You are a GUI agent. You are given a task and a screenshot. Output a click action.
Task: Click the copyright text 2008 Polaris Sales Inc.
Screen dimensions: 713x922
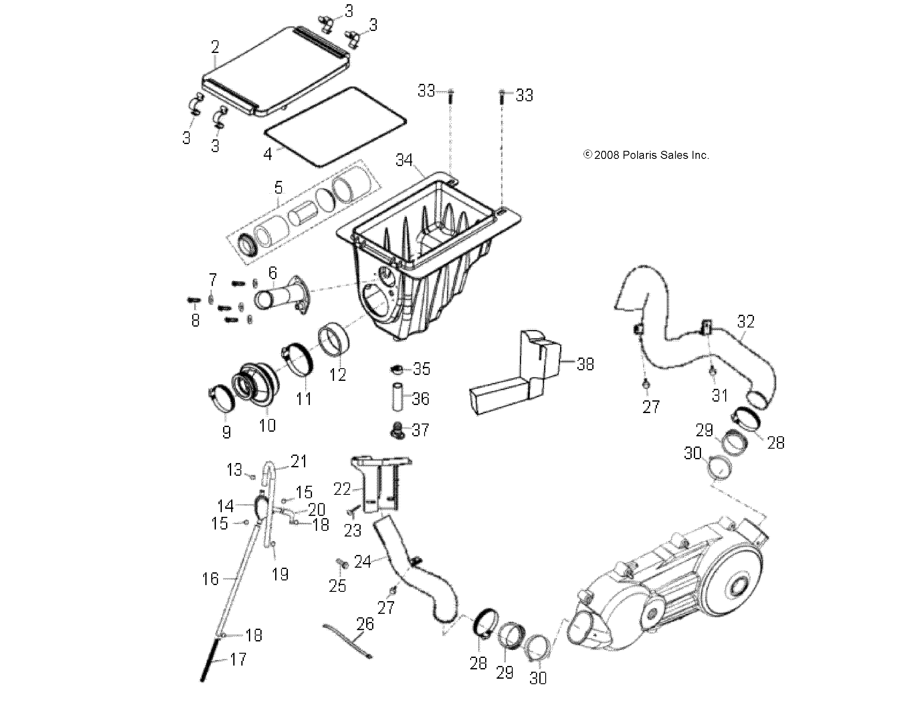tap(646, 155)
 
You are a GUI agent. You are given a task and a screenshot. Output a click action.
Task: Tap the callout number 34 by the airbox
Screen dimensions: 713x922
tap(404, 160)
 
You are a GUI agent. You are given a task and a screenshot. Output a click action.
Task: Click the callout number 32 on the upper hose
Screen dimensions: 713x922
tap(745, 322)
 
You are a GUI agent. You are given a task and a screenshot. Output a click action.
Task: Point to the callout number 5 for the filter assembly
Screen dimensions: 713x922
tap(278, 188)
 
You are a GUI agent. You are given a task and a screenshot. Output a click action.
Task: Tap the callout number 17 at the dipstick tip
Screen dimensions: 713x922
tap(238, 659)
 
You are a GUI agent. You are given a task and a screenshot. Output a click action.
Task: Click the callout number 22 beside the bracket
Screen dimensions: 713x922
tap(342, 489)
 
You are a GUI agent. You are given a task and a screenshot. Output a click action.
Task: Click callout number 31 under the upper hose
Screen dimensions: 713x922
tap(719, 395)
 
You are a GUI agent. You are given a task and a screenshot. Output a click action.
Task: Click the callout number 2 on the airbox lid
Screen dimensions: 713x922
tap(215, 47)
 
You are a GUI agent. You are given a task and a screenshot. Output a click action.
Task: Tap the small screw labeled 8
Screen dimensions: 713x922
tap(193, 300)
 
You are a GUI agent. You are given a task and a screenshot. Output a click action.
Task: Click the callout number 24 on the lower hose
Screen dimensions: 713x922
tap(362, 562)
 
